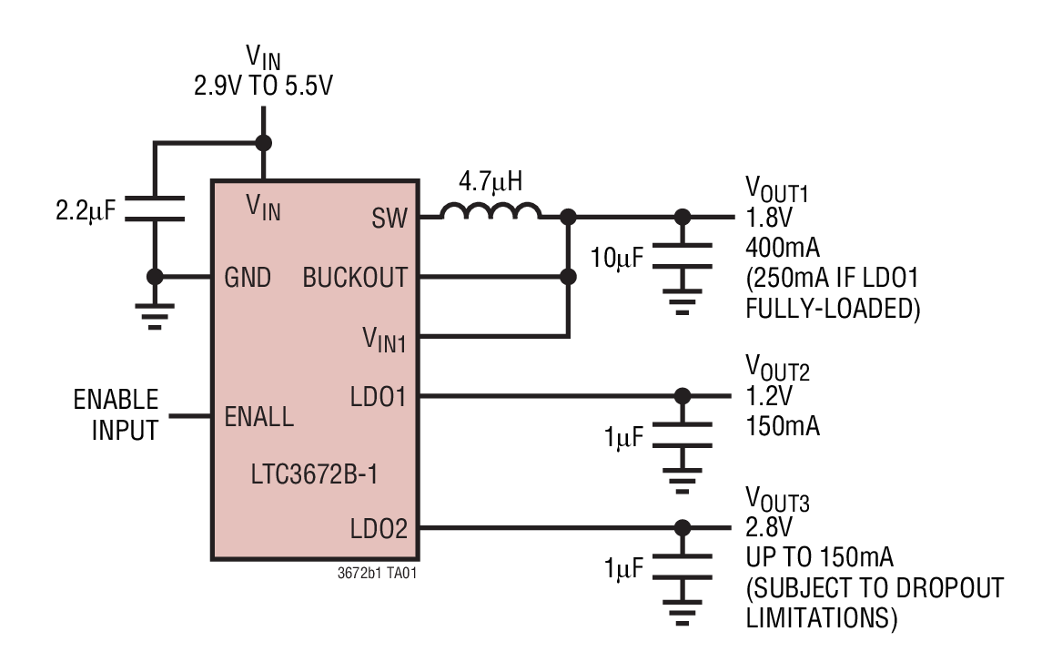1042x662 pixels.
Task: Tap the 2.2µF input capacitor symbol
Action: [155, 208]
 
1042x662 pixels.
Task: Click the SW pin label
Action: [389, 219]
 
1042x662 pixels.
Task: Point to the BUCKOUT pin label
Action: [355, 278]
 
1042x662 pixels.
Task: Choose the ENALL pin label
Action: [259, 417]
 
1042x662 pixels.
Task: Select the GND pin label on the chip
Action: [248, 278]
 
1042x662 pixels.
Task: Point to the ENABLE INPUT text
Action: [116, 414]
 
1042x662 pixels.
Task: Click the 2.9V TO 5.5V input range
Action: [263, 87]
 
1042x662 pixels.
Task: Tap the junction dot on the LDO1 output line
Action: [681, 396]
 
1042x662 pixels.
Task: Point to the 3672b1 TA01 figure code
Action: [378, 574]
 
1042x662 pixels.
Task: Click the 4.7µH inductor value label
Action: [491, 182]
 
